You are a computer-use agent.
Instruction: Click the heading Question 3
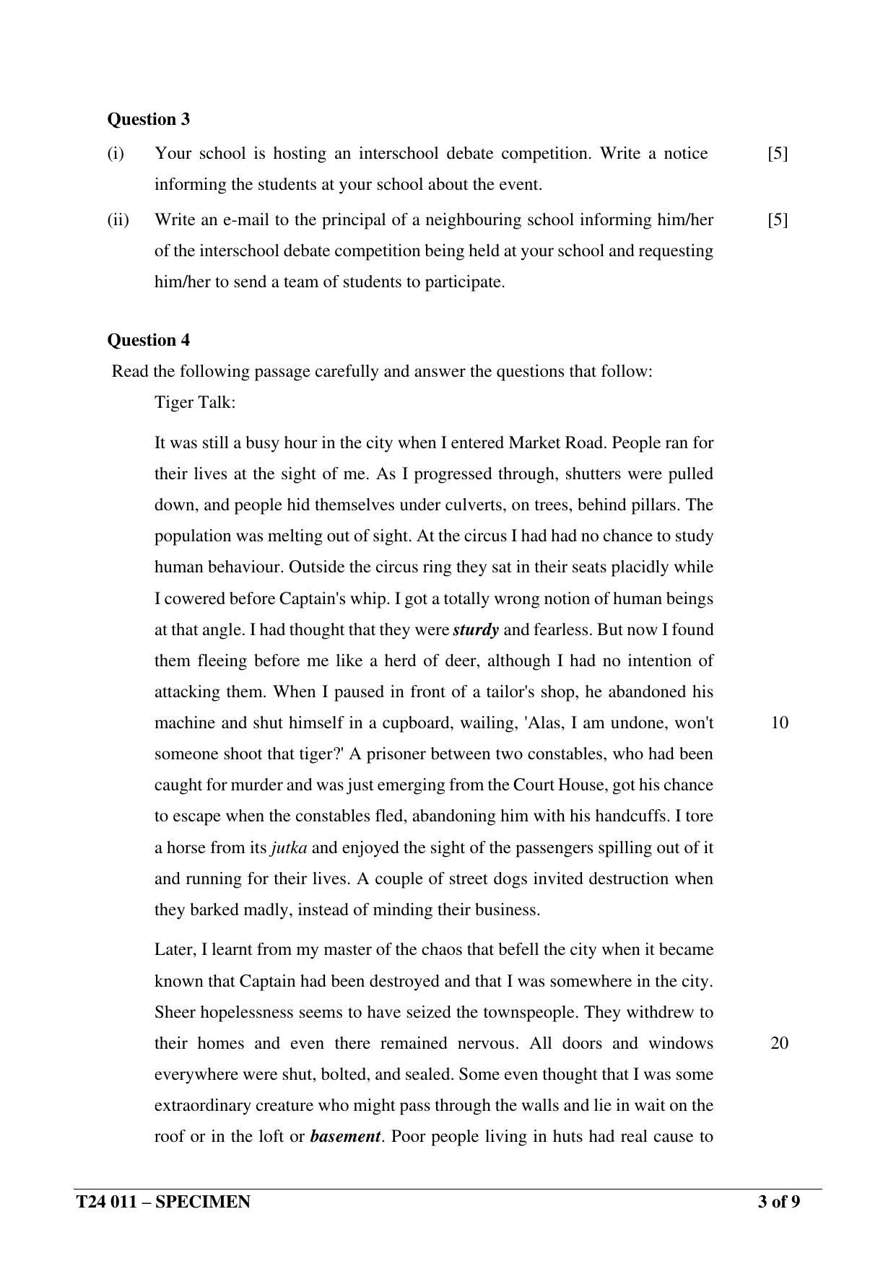point(148,119)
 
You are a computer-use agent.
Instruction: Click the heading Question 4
point(148,340)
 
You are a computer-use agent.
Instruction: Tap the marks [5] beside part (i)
point(778,153)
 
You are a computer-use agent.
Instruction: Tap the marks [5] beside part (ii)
point(778,219)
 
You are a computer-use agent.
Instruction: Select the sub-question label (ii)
point(118,219)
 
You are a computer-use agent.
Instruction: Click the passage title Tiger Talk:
point(195,402)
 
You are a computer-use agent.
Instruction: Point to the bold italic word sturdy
point(476,629)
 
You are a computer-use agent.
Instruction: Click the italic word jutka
point(289,847)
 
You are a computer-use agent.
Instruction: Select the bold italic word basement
point(344,1136)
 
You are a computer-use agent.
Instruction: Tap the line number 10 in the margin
point(779,723)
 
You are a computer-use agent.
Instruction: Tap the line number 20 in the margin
point(779,1043)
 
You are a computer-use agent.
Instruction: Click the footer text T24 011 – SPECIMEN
point(164,1202)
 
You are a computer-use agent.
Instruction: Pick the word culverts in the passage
point(469,505)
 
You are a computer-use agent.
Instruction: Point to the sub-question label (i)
point(116,153)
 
